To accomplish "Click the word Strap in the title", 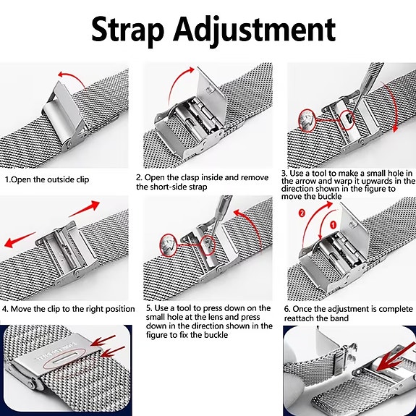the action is [x=127, y=30].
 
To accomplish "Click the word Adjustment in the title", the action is [x=254, y=31].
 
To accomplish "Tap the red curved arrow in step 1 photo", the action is [x=71, y=77].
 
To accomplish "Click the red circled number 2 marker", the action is [x=302, y=213].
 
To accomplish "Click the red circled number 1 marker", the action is [x=334, y=225].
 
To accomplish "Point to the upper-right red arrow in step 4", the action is [x=85, y=208].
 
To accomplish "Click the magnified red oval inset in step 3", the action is [x=307, y=121].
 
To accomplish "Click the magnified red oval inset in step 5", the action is [x=169, y=245].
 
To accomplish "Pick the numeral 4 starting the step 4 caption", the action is [x=5, y=309].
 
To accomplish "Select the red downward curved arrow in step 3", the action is [x=391, y=106].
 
